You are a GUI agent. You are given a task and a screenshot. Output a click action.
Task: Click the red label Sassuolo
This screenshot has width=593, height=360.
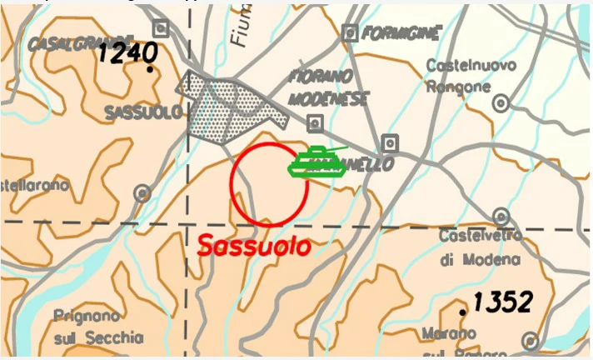(254, 247)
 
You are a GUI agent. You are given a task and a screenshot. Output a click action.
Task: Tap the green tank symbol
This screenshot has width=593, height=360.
(317, 161)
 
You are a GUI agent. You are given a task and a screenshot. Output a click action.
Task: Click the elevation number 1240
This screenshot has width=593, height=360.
(127, 53)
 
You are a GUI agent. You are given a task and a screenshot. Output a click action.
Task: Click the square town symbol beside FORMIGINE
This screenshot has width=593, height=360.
(350, 32)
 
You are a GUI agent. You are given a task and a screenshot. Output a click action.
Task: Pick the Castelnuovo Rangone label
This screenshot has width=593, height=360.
(471, 75)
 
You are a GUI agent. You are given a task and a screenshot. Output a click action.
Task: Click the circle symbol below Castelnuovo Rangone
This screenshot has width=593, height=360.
(501, 103)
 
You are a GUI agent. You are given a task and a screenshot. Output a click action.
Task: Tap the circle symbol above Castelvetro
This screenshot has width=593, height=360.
(501, 216)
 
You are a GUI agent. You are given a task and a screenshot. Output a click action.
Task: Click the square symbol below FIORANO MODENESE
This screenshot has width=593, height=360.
(315, 123)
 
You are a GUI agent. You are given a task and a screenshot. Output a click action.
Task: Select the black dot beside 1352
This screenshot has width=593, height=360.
(463, 312)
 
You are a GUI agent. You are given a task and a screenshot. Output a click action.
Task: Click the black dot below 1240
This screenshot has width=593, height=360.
(149, 70)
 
